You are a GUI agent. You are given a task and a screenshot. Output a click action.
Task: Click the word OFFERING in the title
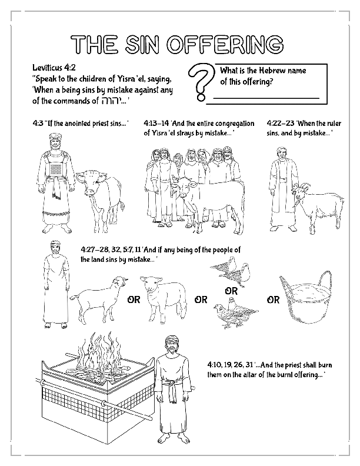231,45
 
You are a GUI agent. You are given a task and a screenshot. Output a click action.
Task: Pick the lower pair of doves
235,309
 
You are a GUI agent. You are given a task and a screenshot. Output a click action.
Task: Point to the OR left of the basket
274,300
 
